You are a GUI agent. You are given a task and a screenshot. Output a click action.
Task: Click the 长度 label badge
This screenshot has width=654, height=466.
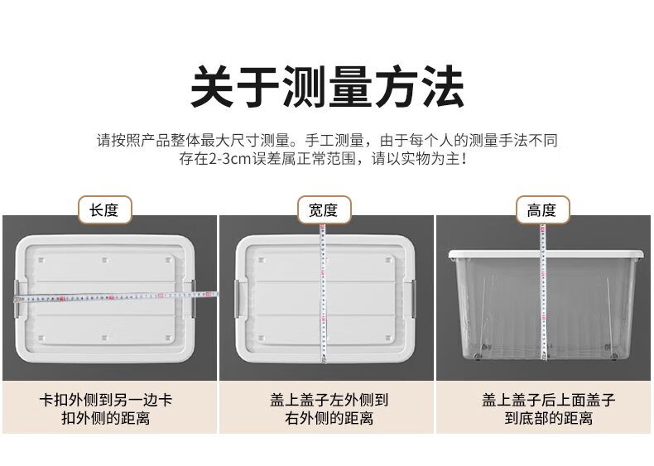[x=104, y=210]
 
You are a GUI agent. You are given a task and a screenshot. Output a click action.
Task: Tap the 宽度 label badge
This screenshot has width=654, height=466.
[x=324, y=210]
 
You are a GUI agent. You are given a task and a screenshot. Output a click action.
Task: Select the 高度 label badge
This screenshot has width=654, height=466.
[x=542, y=210]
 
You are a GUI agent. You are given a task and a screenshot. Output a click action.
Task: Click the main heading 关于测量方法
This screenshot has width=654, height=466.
[x=327, y=88]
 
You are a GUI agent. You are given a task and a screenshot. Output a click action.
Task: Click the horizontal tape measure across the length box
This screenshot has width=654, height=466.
[x=116, y=296]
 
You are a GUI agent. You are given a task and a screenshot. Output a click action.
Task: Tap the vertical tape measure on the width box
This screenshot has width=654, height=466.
[x=323, y=293]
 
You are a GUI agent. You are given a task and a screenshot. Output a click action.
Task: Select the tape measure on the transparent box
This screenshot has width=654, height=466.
[x=543, y=292]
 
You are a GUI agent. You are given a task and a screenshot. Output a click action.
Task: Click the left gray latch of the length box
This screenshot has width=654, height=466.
[x=17, y=298]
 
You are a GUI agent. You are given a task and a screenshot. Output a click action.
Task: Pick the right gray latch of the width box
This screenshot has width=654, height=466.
[x=414, y=298]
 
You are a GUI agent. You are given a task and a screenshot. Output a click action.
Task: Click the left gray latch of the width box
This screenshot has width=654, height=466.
[x=237, y=298]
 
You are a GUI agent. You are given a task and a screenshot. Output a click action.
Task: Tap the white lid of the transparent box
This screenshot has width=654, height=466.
[x=546, y=253]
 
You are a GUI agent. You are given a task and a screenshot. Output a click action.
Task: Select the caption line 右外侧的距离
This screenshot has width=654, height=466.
[x=329, y=418]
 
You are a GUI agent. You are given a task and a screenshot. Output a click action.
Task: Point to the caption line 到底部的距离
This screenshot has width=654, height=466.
[x=548, y=418]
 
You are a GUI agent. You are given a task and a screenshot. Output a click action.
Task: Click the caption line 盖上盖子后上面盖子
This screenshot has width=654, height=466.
[x=549, y=400]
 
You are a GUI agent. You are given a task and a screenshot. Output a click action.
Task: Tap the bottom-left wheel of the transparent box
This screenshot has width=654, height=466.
[x=478, y=356]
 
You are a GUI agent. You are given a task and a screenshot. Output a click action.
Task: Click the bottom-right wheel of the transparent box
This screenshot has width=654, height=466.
[x=613, y=356]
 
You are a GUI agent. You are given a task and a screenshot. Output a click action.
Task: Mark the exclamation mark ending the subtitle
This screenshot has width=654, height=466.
[x=464, y=159]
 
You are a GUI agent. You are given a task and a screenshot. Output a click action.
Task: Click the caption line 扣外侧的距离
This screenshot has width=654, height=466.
[x=105, y=418]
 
